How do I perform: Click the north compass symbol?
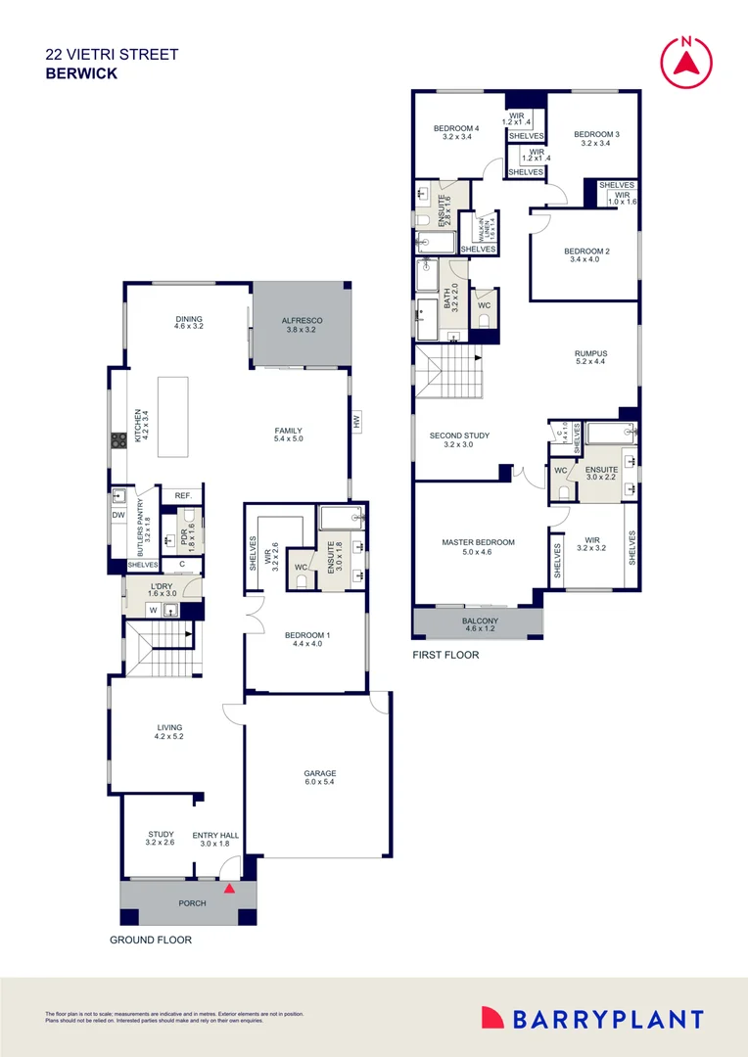[685, 60]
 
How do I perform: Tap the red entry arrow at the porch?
[229, 889]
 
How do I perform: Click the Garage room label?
[319, 774]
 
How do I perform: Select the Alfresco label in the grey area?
[303, 321]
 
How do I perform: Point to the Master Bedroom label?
[478, 542]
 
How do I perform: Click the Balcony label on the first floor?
[480, 621]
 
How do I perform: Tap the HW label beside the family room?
[356, 423]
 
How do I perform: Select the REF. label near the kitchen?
[182, 496]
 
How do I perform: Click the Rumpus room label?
[590, 354]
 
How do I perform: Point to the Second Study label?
[459, 436]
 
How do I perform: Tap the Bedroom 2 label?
[586, 252]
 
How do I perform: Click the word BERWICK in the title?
[81, 73]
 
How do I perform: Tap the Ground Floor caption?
[150, 940]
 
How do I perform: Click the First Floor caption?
[445, 655]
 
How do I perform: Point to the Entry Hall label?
[215, 835]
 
